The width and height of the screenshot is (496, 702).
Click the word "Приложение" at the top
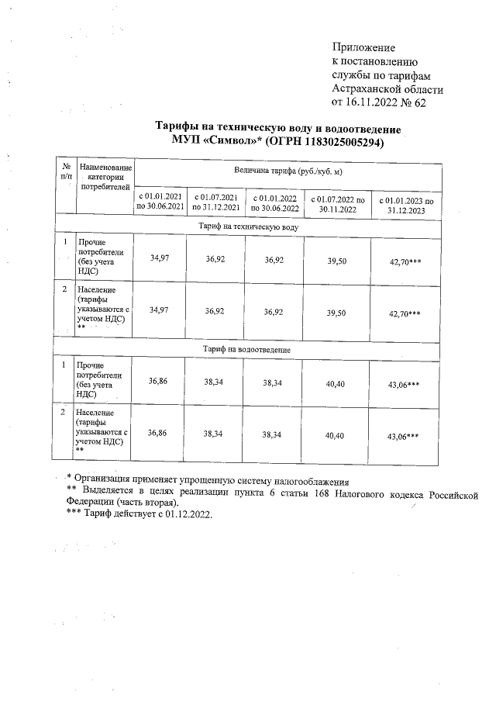click(x=363, y=48)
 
